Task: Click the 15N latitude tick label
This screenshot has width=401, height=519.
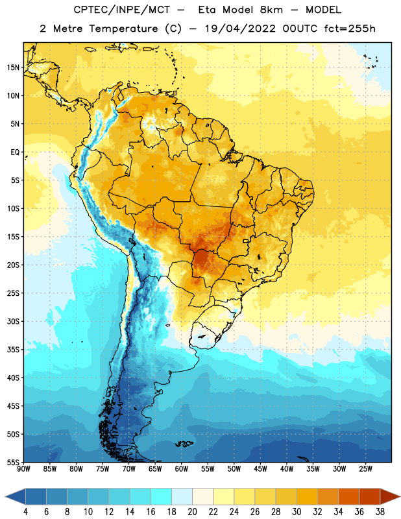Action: (13, 67)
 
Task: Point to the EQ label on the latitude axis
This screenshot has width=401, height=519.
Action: (15, 152)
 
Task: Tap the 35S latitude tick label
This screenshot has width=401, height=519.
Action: (13, 350)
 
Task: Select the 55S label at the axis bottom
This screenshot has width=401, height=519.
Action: (13, 462)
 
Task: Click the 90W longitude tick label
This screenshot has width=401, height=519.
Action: (23, 468)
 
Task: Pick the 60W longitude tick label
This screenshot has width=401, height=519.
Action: (182, 468)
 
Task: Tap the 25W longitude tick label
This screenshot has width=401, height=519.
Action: (365, 468)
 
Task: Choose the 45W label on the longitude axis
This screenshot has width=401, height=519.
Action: (260, 468)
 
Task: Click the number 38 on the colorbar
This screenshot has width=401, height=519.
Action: (380, 512)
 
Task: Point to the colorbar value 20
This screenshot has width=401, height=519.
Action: (192, 512)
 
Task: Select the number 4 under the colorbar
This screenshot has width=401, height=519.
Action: (25, 512)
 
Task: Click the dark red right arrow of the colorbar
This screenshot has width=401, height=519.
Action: (389, 496)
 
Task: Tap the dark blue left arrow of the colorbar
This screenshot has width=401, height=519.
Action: (16, 496)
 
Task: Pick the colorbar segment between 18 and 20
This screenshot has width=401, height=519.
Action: (182, 496)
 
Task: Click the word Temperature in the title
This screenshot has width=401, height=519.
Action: (123, 29)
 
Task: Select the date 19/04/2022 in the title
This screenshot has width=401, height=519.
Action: (240, 29)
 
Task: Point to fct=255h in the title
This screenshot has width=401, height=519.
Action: (350, 29)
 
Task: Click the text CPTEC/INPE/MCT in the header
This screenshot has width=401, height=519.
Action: (121, 10)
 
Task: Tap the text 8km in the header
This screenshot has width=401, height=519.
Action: (271, 10)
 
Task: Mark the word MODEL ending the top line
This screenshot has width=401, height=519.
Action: (324, 10)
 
